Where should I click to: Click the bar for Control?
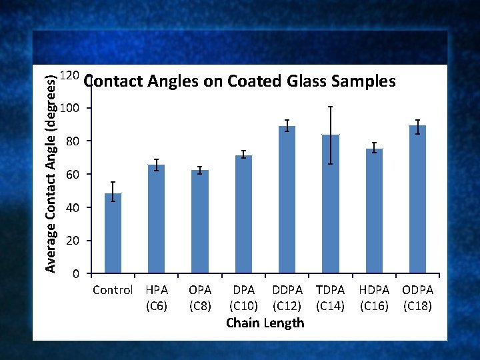pos(113,233)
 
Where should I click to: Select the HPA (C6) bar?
pos(157,219)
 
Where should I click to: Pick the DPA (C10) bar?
pos(244,214)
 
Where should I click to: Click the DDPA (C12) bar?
pos(287,200)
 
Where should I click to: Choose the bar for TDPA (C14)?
pos(331,204)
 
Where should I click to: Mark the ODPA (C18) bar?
pos(418,199)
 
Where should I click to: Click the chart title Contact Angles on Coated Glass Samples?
pos(240,81)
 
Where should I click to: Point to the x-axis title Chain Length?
pos(265,323)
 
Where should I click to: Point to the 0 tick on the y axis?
pos(77,274)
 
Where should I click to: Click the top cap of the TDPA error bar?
pos(331,107)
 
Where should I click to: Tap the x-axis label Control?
pos(113,291)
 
